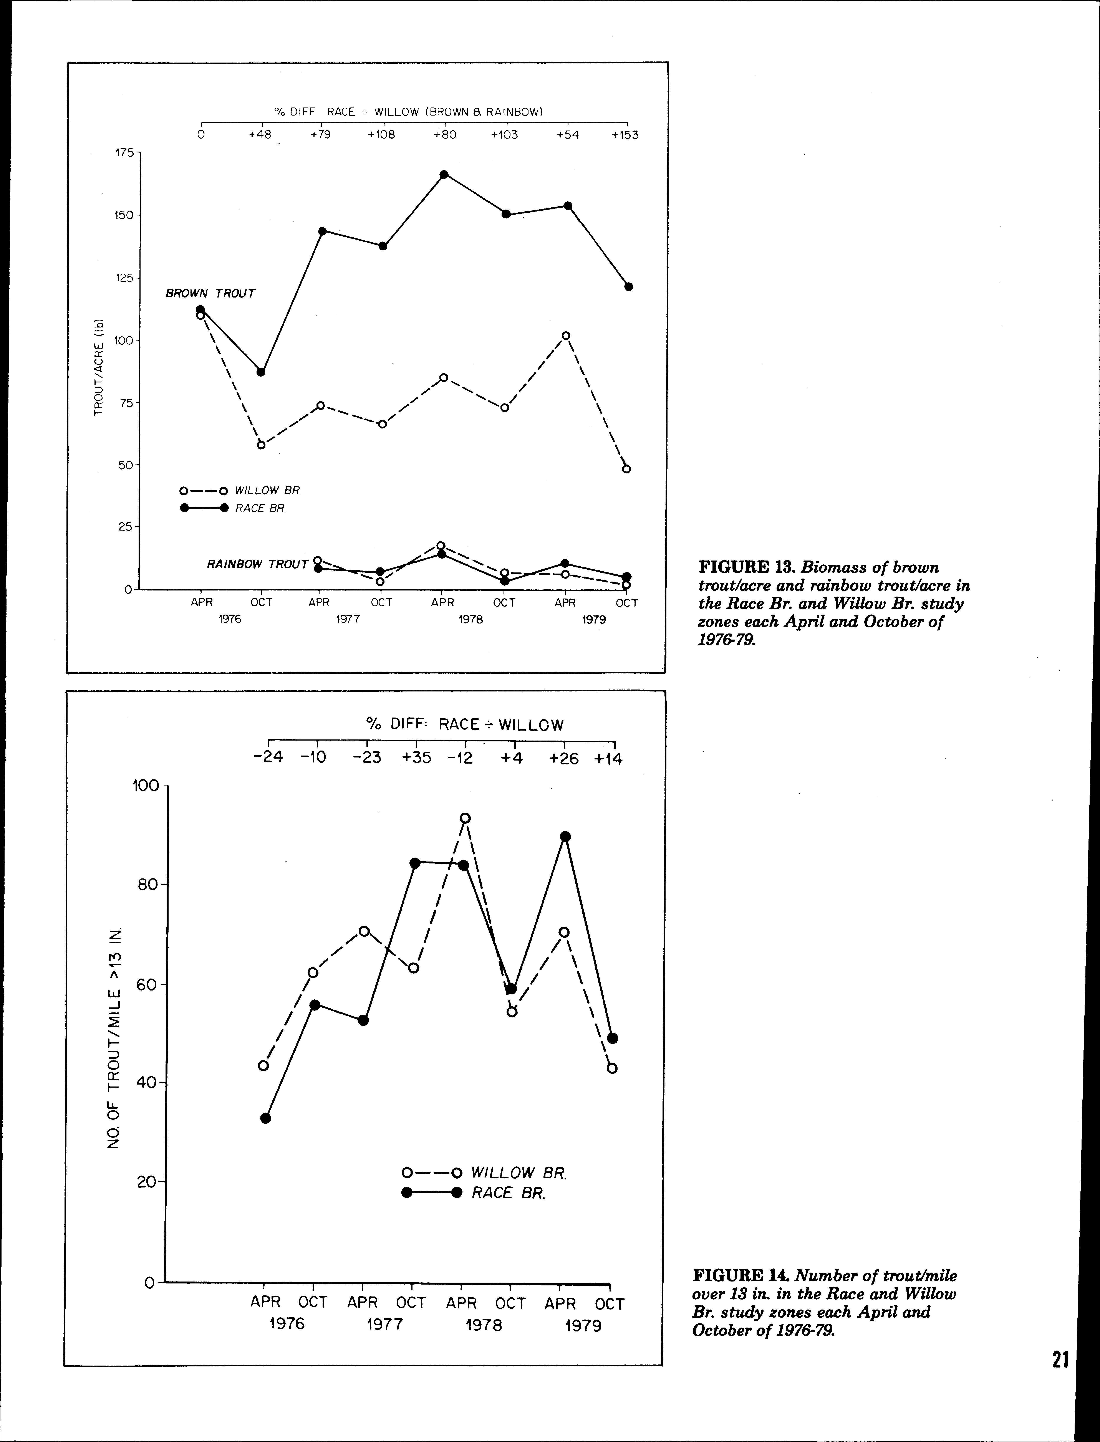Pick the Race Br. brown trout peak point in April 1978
tap(444, 174)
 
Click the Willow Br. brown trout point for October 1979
tap(626, 469)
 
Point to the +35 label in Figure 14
tap(416, 759)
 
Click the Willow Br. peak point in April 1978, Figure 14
tap(465, 818)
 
